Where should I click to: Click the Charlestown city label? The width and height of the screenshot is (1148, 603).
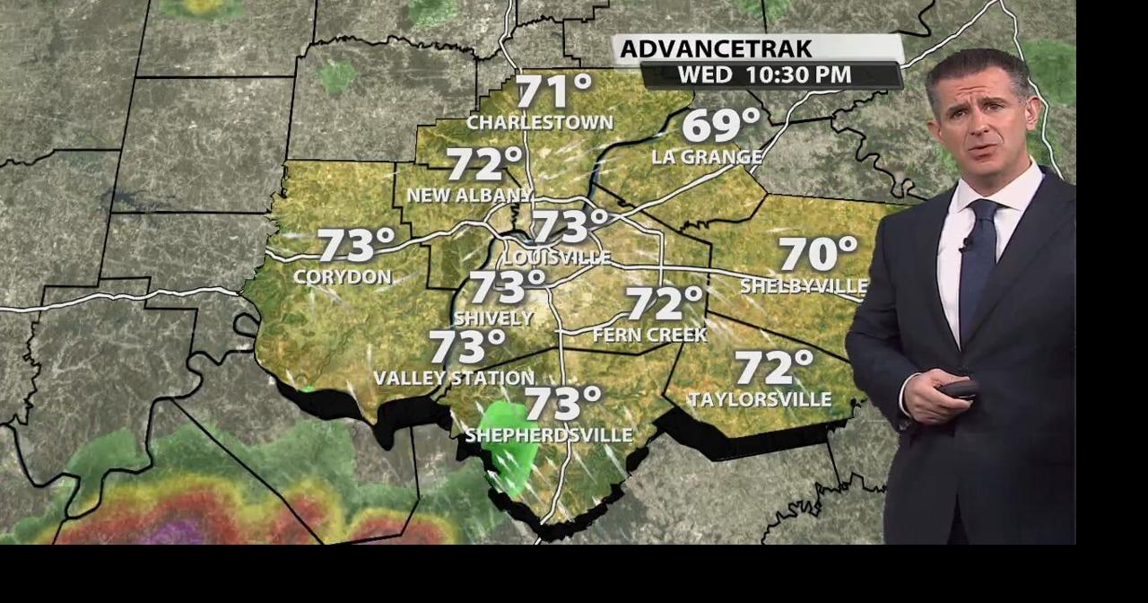click(x=539, y=123)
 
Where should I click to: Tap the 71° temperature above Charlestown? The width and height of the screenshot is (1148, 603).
click(x=553, y=92)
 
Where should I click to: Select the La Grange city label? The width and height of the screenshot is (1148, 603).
click(x=707, y=157)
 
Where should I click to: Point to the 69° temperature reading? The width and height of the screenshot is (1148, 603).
click(x=720, y=126)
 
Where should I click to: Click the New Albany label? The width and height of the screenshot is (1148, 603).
click(x=469, y=196)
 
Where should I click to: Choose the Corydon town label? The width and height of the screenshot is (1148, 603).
click(x=343, y=277)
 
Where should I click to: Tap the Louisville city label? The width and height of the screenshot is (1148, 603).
click(x=556, y=258)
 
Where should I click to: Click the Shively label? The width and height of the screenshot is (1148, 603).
click(x=493, y=319)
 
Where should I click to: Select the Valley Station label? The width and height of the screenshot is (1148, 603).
click(x=454, y=379)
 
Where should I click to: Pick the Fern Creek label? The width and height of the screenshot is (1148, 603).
click(x=650, y=335)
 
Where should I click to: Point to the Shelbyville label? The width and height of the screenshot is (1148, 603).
click(x=804, y=286)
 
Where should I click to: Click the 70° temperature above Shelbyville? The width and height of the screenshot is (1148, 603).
click(x=817, y=254)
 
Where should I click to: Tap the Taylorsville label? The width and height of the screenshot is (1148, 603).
click(x=760, y=399)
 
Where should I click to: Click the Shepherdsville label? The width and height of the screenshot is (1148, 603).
click(x=549, y=436)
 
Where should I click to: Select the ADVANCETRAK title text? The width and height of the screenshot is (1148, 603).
click(x=716, y=48)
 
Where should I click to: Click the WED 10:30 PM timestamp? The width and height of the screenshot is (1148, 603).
click(x=764, y=75)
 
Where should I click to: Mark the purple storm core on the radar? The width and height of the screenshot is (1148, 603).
click(x=175, y=532)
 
